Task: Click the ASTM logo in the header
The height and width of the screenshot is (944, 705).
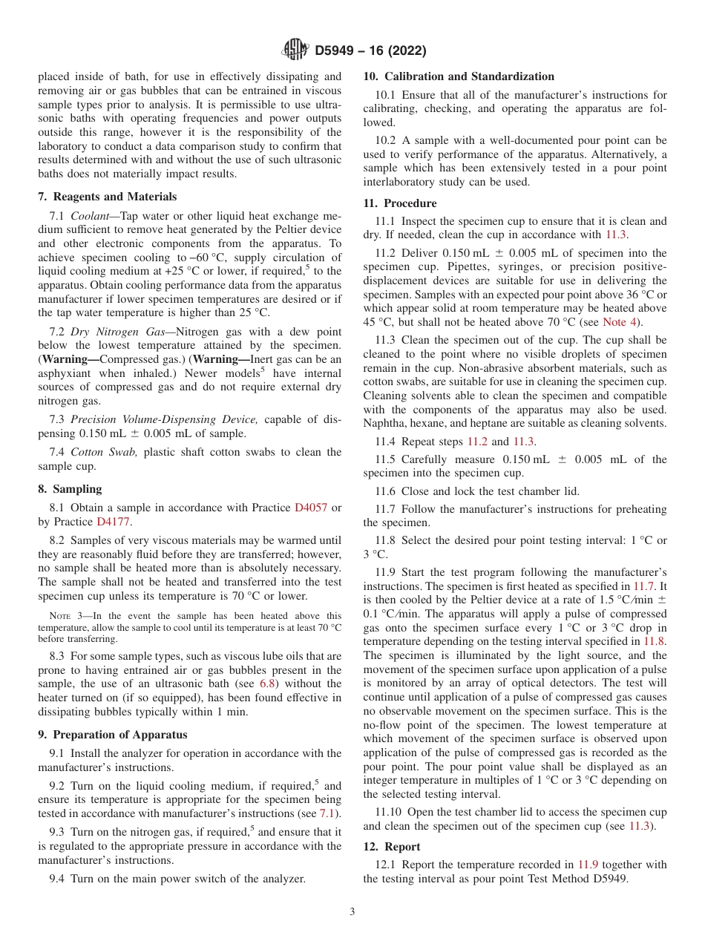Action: coord(296,50)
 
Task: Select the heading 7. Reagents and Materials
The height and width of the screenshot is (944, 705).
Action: coord(108,197)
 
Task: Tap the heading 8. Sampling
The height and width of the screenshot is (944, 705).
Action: coord(70,489)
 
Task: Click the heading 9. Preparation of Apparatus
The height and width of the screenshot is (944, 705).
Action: coord(113,735)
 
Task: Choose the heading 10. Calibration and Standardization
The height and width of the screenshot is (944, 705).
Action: coord(459,76)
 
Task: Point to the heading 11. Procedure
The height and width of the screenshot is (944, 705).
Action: coord(400,203)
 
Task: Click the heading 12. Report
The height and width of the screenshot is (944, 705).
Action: coord(392,847)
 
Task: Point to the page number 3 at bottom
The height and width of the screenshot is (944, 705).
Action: coord(352,912)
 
